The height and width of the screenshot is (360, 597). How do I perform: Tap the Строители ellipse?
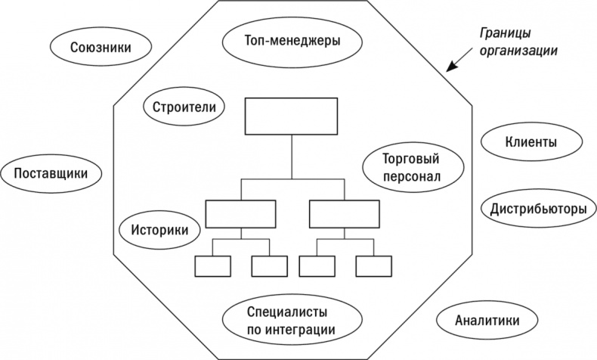coord(184,107)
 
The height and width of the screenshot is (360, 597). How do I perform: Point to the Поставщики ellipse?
coord(51,174)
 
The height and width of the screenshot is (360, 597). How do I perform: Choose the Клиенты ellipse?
coord(531,141)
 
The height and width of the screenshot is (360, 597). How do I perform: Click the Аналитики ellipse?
coord(487,320)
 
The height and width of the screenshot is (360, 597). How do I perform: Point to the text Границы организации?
coord(518,43)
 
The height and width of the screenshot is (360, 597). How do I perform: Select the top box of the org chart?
coord(292,117)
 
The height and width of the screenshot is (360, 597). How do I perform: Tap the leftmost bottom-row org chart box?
coord(212,266)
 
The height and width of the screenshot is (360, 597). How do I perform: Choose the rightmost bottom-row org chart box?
coord(373,266)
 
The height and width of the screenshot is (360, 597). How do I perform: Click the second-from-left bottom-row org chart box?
coord(269,266)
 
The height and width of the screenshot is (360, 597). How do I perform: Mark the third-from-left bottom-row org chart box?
coord(317,266)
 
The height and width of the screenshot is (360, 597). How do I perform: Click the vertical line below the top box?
coord(292,157)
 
